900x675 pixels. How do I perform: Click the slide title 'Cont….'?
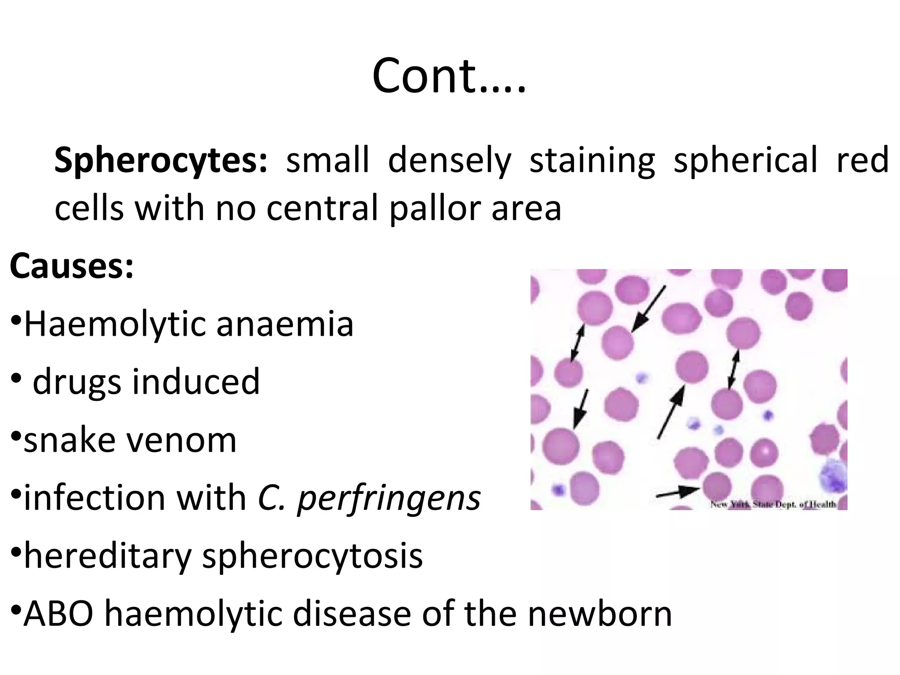pyautogui.click(x=449, y=76)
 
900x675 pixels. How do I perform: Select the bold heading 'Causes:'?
pyautogui.click(x=71, y=266)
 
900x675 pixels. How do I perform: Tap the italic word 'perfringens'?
pyautogui.click(x=388, y=498)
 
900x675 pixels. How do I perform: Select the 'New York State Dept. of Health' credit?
pyautogui.click(x=773, y=504)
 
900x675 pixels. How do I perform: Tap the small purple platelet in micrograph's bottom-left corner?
pyautogui.click(x=559, y=489)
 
